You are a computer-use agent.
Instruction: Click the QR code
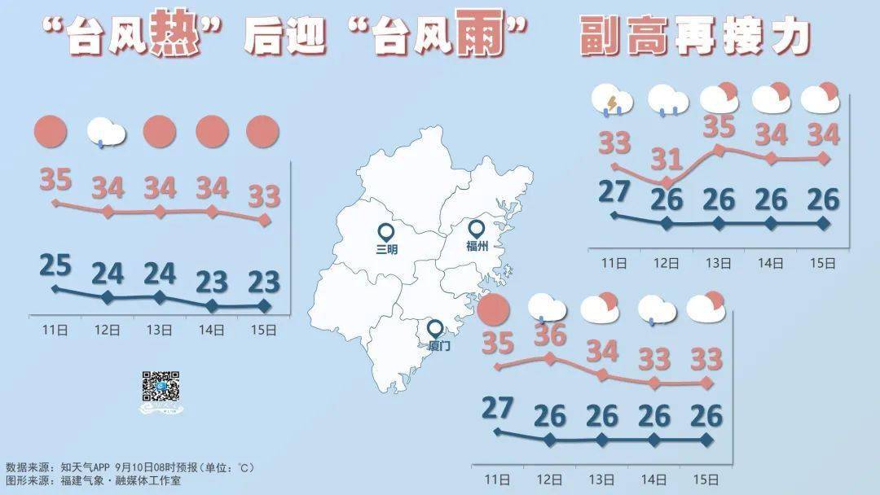click(161, 387)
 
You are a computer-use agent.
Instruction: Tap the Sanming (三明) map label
click(387, 250)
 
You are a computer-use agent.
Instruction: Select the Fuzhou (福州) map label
click(477, 247)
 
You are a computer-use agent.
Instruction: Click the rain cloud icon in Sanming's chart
click(107, 132)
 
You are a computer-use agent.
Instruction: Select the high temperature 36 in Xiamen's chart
click(549, 335)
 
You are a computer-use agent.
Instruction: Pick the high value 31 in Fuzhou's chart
click(667, 157)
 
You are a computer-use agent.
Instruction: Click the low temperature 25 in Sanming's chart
click(55, 266)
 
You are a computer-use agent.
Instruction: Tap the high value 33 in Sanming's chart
click(264, 196)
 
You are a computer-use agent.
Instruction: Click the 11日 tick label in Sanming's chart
click(55, 330)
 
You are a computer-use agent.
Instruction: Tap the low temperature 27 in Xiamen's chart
click(497, 408)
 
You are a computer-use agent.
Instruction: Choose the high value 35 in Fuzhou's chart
click(719, 127)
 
